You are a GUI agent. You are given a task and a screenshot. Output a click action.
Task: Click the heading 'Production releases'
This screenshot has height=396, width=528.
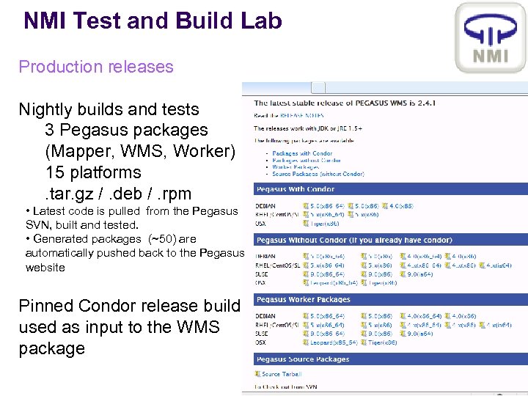[x=96, y=67]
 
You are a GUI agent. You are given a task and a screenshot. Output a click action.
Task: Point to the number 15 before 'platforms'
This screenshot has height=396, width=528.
[x=54, y=172]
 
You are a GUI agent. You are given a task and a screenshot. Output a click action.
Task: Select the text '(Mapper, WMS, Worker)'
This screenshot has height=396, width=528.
[x=140, y=151]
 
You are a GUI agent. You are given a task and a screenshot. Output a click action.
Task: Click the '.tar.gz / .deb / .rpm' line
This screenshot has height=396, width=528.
[x=118, y=194]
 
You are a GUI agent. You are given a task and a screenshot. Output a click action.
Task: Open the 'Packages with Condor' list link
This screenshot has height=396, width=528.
[x=301, y=153]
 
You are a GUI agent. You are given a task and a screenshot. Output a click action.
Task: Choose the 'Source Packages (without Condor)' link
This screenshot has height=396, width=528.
[x=318, y=174]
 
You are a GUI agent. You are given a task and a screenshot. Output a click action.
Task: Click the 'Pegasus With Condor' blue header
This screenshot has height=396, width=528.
[x=292, y=189]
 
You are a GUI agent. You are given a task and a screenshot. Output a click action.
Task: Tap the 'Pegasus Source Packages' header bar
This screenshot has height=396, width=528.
[x=303, y=359]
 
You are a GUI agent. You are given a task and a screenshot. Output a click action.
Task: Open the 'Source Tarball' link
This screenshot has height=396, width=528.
[x=282, y=374]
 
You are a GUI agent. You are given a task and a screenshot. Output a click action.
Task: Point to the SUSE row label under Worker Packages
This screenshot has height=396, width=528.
[x=263, y=333]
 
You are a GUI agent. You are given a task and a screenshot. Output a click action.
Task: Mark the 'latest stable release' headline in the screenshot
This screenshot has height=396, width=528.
[x=345, y=103]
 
